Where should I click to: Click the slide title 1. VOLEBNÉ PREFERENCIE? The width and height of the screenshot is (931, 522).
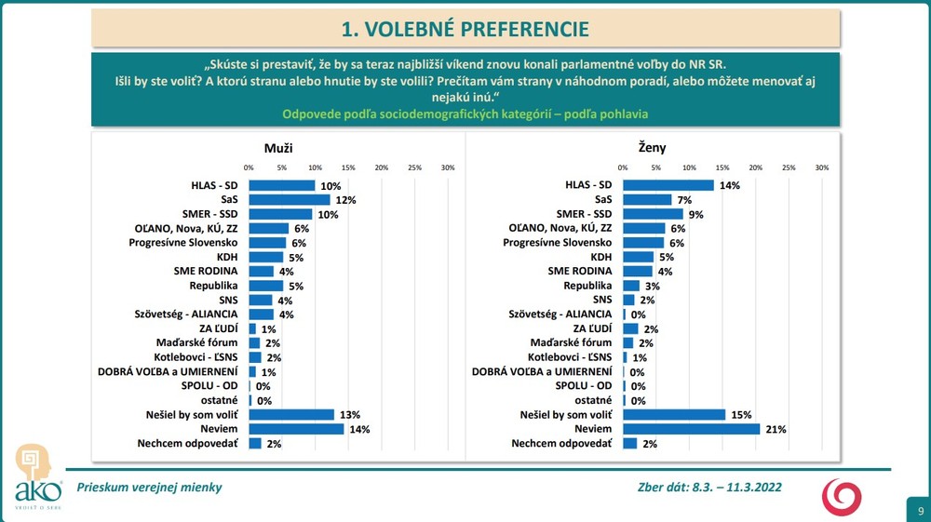(465, 29)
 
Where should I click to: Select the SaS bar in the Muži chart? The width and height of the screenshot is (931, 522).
(289, 200)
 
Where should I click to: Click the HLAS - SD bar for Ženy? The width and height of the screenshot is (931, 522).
(668, 185)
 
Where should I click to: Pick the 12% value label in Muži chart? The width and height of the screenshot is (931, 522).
(345, 200)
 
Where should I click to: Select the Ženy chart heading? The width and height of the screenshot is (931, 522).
(653, 147)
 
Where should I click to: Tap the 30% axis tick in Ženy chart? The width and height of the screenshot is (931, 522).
(822, 167)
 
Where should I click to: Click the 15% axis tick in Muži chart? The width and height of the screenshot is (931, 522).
(348, 167)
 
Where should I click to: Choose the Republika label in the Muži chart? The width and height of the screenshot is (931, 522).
(214, 286)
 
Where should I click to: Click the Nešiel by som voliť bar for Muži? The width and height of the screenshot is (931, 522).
(291, 415)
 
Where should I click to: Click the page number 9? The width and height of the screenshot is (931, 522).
(920, 511)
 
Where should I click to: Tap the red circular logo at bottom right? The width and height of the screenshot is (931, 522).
(841, 496)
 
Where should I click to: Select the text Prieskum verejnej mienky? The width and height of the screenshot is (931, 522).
(149, 487)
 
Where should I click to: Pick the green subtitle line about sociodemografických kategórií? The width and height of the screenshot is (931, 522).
(465, 114)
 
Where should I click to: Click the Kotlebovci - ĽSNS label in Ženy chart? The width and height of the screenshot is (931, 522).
(570, 357)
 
